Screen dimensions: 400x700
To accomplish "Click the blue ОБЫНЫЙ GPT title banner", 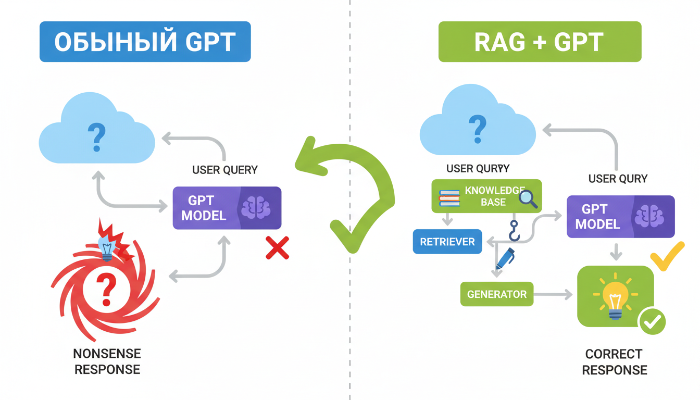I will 145,42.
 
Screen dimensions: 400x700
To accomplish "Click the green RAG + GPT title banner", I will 540,42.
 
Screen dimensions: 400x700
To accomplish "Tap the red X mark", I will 277,247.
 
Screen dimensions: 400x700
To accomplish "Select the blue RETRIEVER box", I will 447,242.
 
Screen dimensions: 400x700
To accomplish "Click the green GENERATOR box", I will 497,294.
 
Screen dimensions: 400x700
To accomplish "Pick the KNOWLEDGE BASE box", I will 486,196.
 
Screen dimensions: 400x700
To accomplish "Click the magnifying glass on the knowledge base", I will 528,198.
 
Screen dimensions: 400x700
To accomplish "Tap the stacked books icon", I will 449,198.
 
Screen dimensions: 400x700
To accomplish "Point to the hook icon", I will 515,230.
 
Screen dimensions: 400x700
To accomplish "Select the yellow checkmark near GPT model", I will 667,256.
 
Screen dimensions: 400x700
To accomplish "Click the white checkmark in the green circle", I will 652,322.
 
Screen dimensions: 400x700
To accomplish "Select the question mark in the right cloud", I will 477,127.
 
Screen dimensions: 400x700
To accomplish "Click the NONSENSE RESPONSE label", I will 107,361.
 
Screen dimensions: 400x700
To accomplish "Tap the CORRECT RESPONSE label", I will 615,362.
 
